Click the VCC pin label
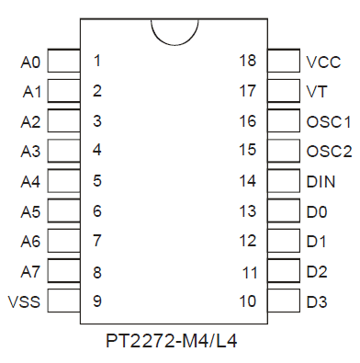coord(323,62)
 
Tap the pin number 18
coord(247,61)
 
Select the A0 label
coord(30,62)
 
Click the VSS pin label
coord(24,301)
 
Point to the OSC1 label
coord(329,122)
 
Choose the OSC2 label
coord(329,152)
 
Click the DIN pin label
coord(321,181)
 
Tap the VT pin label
coord(317,91)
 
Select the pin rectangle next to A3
coord(64,151)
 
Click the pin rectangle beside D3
coord(284,301)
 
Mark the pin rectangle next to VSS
coord(64,301)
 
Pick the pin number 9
coord(97,301)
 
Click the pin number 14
coord(247,181)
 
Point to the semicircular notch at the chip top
coord(174,44)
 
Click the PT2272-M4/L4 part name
coord(172,340)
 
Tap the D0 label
coord(317,211)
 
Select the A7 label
coord(30,271)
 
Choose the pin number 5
coord(97,181)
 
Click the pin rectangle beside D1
coord(284,241)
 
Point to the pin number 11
coord(250,272)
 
